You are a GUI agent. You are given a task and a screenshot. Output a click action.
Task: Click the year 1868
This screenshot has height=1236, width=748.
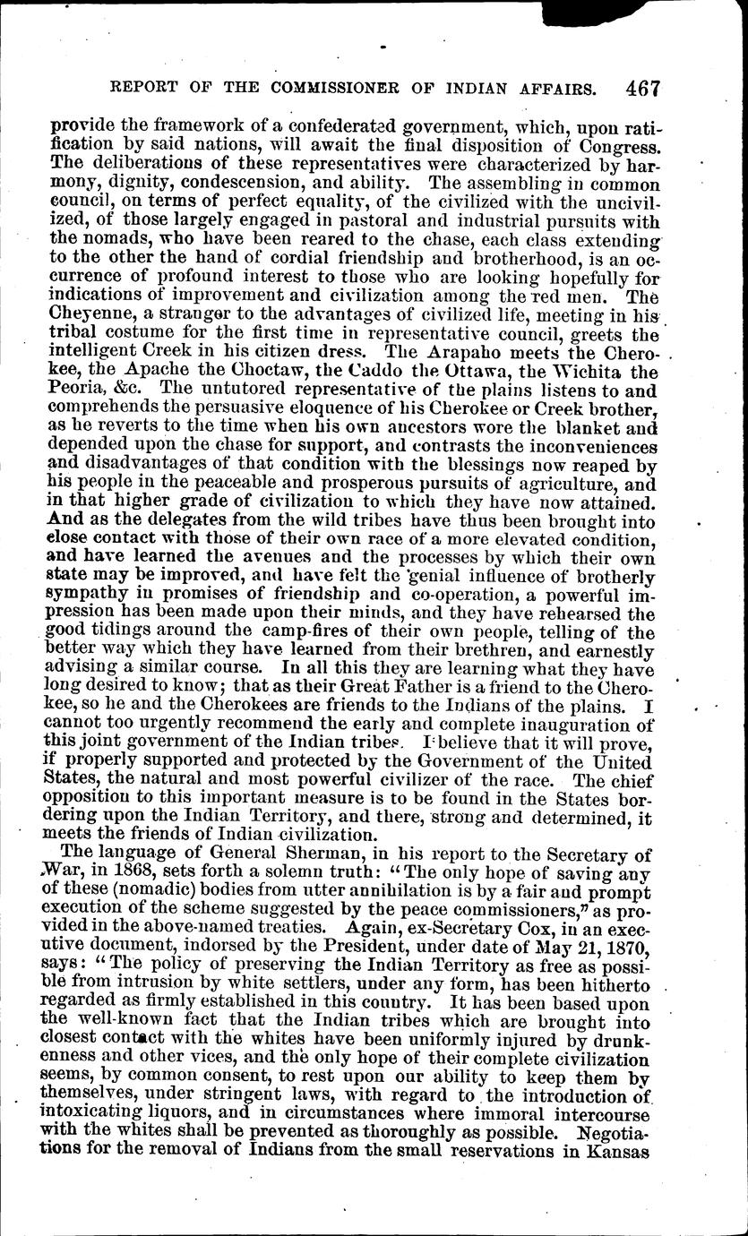[145, 880]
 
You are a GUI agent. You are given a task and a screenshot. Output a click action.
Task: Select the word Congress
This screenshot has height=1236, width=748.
[617, 142]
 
